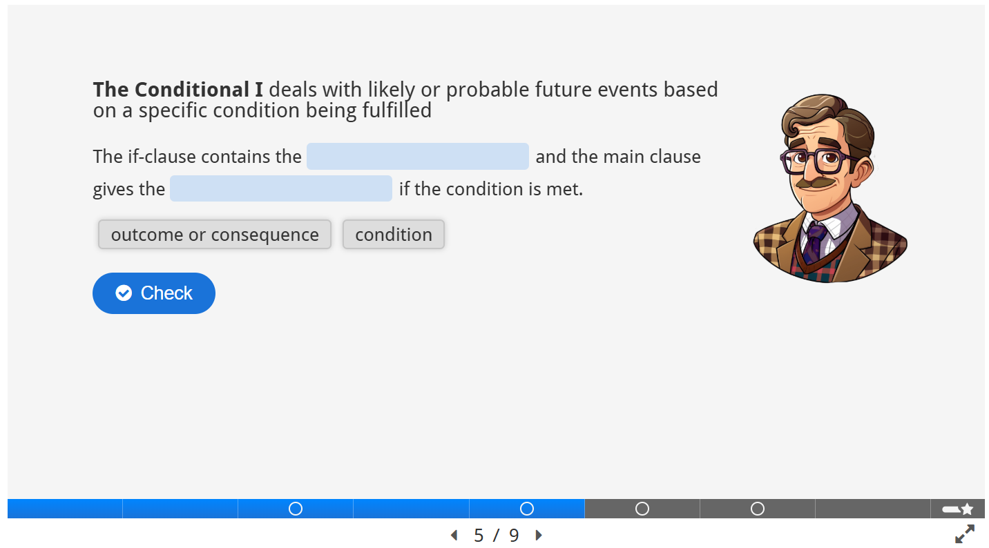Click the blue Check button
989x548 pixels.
tap(153, 293)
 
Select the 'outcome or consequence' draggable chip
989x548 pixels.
tap(215, 234)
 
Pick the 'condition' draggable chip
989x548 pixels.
tap(394, 234)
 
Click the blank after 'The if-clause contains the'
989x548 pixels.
tap(418, 156)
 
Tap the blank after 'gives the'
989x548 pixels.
tap(281, 188)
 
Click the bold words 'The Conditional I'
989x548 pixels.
tap(178, 90)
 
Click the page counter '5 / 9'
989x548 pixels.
tap(497, 535)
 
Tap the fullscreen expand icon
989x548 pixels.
tap(965, 534)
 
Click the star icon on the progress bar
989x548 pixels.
tap(967, 509)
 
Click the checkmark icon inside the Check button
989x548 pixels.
tap(124, 293)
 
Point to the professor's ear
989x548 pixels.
tap(864, 170)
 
